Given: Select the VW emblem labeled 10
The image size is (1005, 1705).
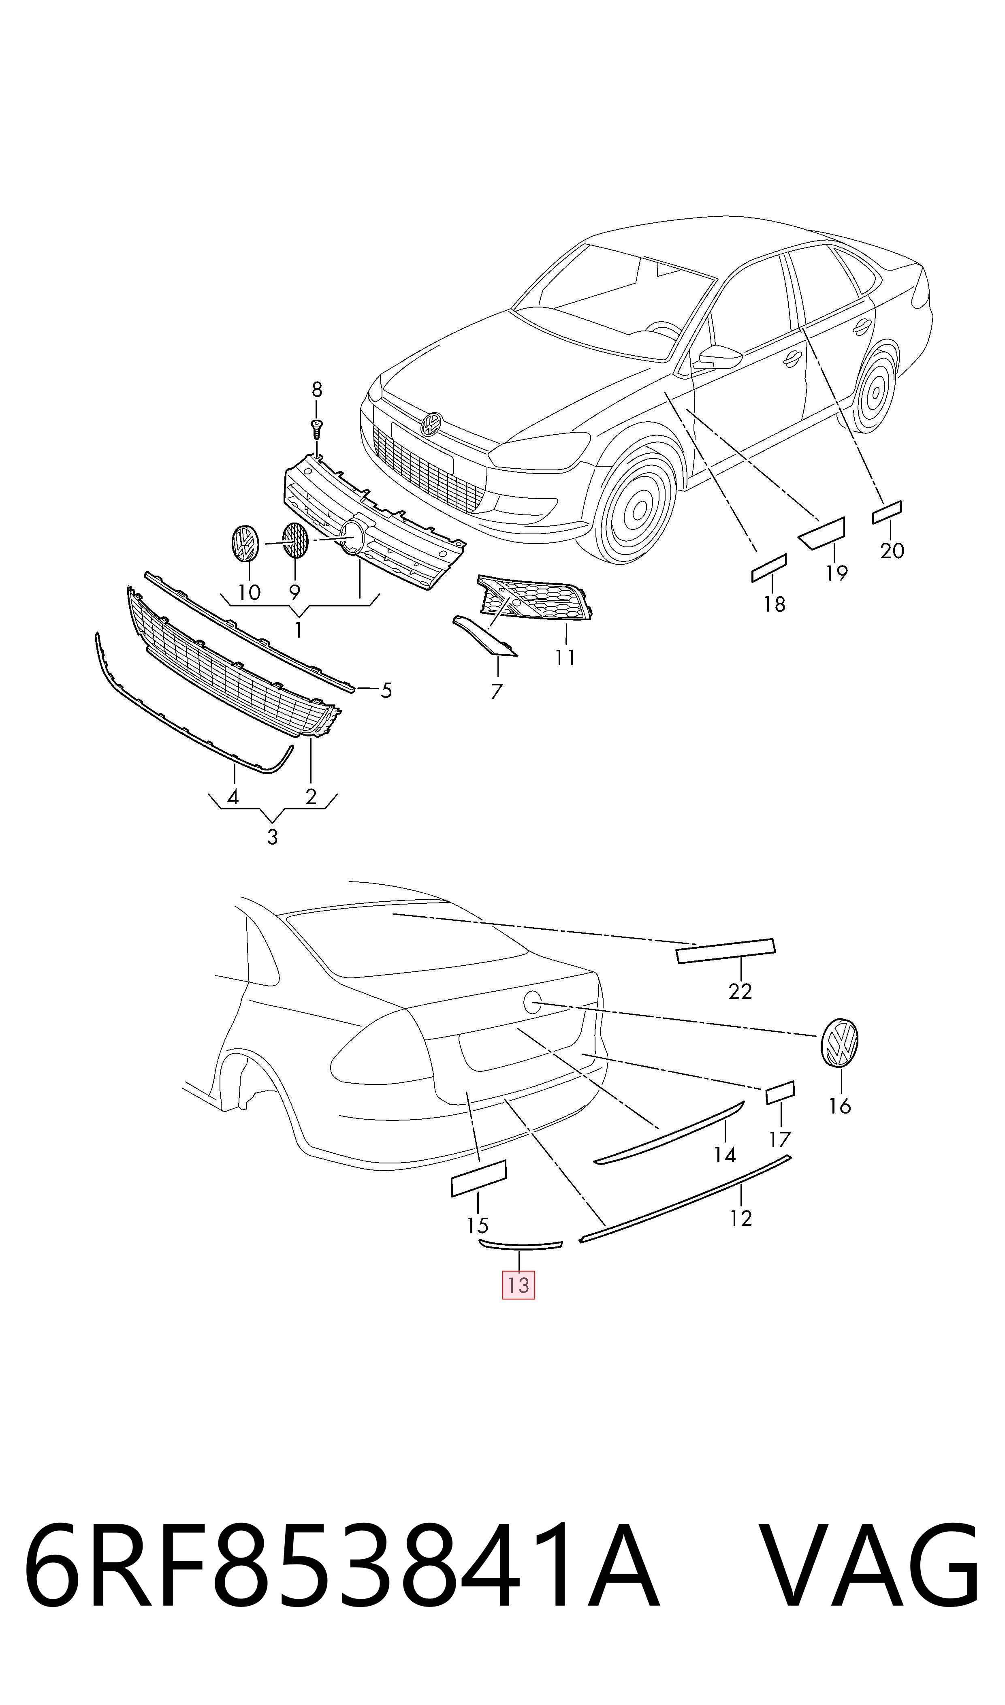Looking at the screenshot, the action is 245,542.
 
